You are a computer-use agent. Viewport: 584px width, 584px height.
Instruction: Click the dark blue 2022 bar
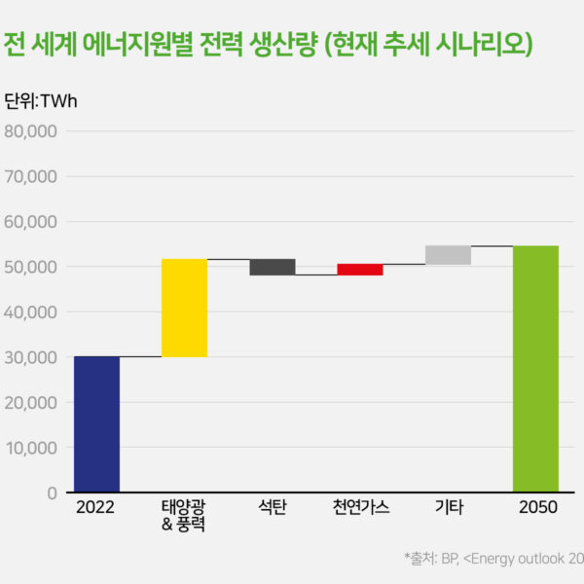point(96,424)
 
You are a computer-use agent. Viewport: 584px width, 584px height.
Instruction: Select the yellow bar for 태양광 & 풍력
point(184,308)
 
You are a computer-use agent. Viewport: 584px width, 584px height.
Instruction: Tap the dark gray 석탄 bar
point(273,267)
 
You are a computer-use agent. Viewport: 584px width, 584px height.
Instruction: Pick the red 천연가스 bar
point(360,270)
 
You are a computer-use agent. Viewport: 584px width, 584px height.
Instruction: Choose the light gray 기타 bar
point(448,255)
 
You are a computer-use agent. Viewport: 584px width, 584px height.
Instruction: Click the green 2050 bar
point(535,369)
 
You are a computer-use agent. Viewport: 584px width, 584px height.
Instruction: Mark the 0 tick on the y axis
point(52,493)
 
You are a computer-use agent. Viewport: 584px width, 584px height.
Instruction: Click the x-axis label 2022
point(96,508)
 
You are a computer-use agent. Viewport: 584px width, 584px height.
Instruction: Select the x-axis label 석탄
point(273,508)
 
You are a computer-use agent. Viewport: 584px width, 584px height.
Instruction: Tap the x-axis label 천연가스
point(360,508)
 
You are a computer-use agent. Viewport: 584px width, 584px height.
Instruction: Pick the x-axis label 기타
point(448,508)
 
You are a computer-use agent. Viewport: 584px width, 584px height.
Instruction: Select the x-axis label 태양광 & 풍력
point(184,517)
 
